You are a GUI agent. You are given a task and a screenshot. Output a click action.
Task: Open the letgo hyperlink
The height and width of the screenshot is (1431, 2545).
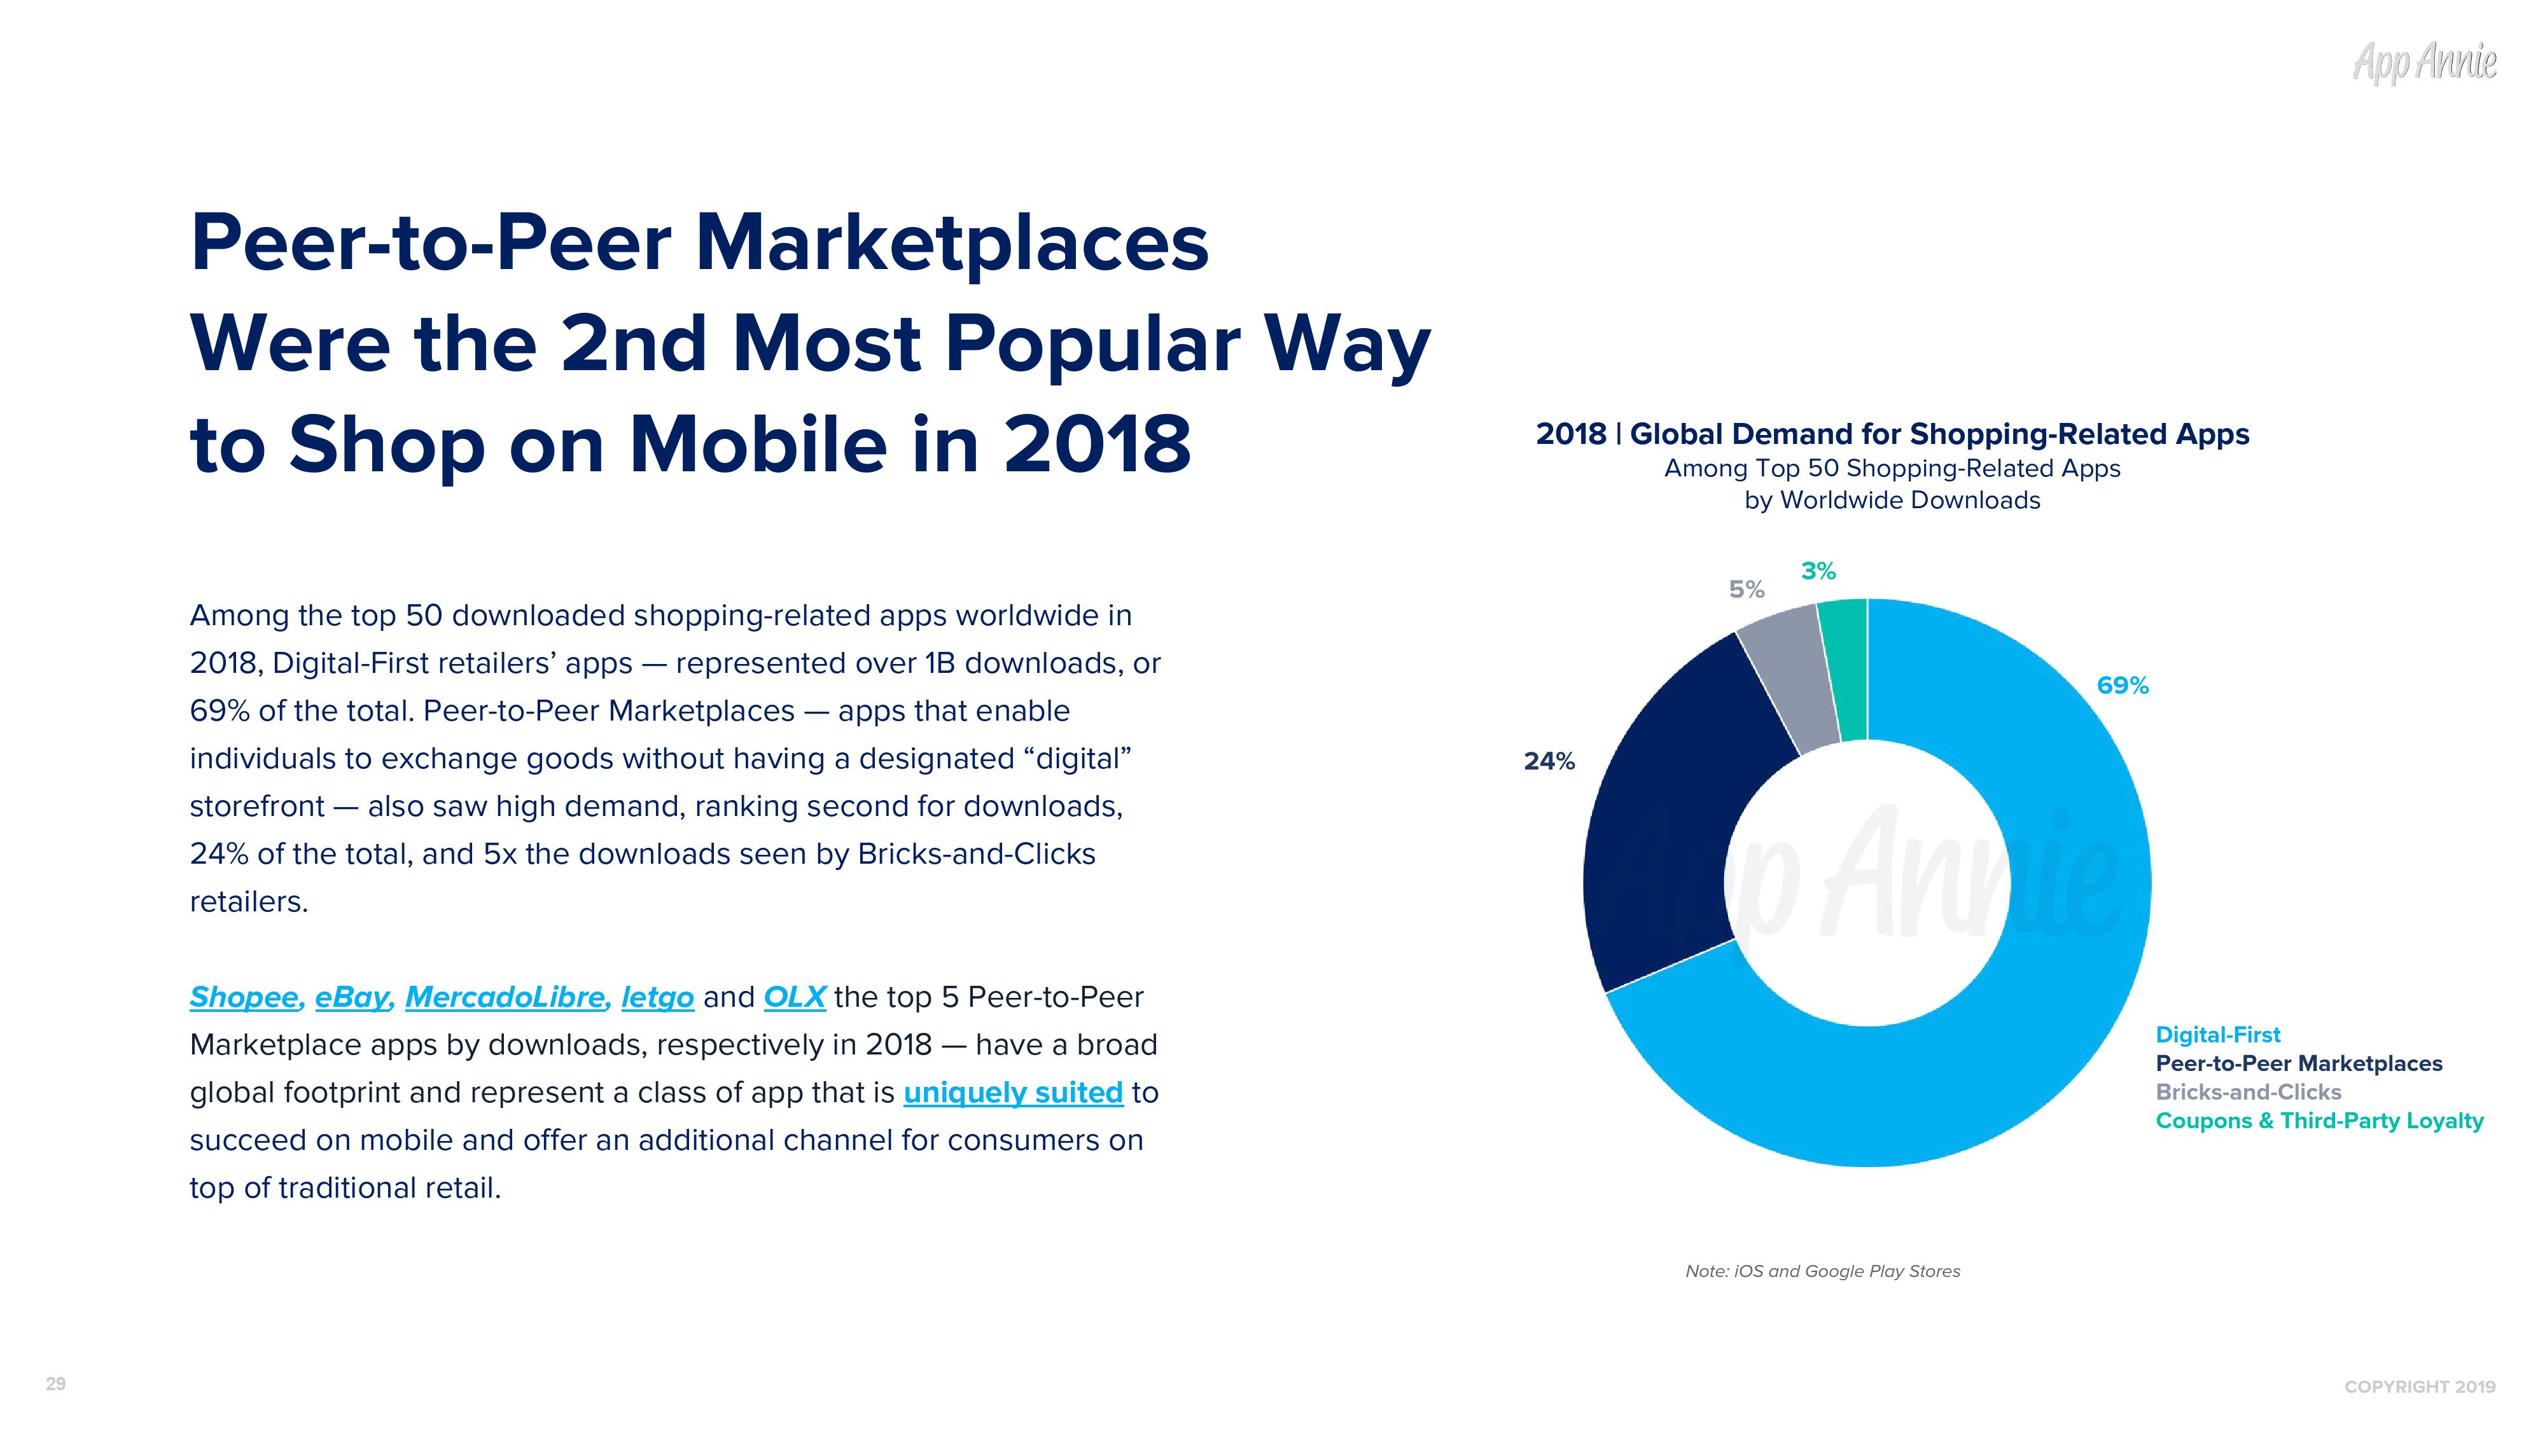pos(657,997)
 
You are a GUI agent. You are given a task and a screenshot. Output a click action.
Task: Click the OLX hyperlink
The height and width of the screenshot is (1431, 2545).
pos(794,997)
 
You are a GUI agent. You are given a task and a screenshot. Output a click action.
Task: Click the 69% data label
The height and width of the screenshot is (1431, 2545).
pos(2122,686)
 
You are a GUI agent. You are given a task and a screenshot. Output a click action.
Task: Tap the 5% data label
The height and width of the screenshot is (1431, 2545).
pos(1747,590)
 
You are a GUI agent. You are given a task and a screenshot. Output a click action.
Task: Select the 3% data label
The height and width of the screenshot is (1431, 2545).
pos(1818,571)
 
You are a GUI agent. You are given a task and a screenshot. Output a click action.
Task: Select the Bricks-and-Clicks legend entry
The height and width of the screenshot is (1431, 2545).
pos(2249,1092)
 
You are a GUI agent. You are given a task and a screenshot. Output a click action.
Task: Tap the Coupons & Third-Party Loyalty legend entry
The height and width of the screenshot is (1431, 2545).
pos(2318,1121)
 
